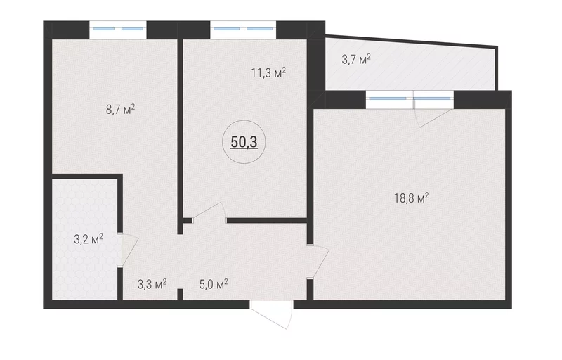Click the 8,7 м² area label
(x=120, y=109)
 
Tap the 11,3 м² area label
(x=268, y=73)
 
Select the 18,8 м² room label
(x=412, y=198)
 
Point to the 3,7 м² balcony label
(x=356, y=59)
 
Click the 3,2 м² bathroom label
(x=89, y=239)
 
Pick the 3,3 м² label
(x=152, y=284)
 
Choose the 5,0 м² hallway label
(x=214, y=284)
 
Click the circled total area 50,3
(x=244, y=142)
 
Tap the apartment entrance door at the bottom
(x=272, y=314)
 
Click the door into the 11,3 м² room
(x=209, y=213)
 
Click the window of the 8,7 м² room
(x=118, y=30)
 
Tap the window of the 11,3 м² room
(x=243, y=30)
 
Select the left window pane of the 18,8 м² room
(x=389, y=99)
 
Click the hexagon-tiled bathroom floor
(x=85, y=239)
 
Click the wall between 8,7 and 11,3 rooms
(x=181, y=136)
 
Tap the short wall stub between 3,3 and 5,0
(x=181, y=294)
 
